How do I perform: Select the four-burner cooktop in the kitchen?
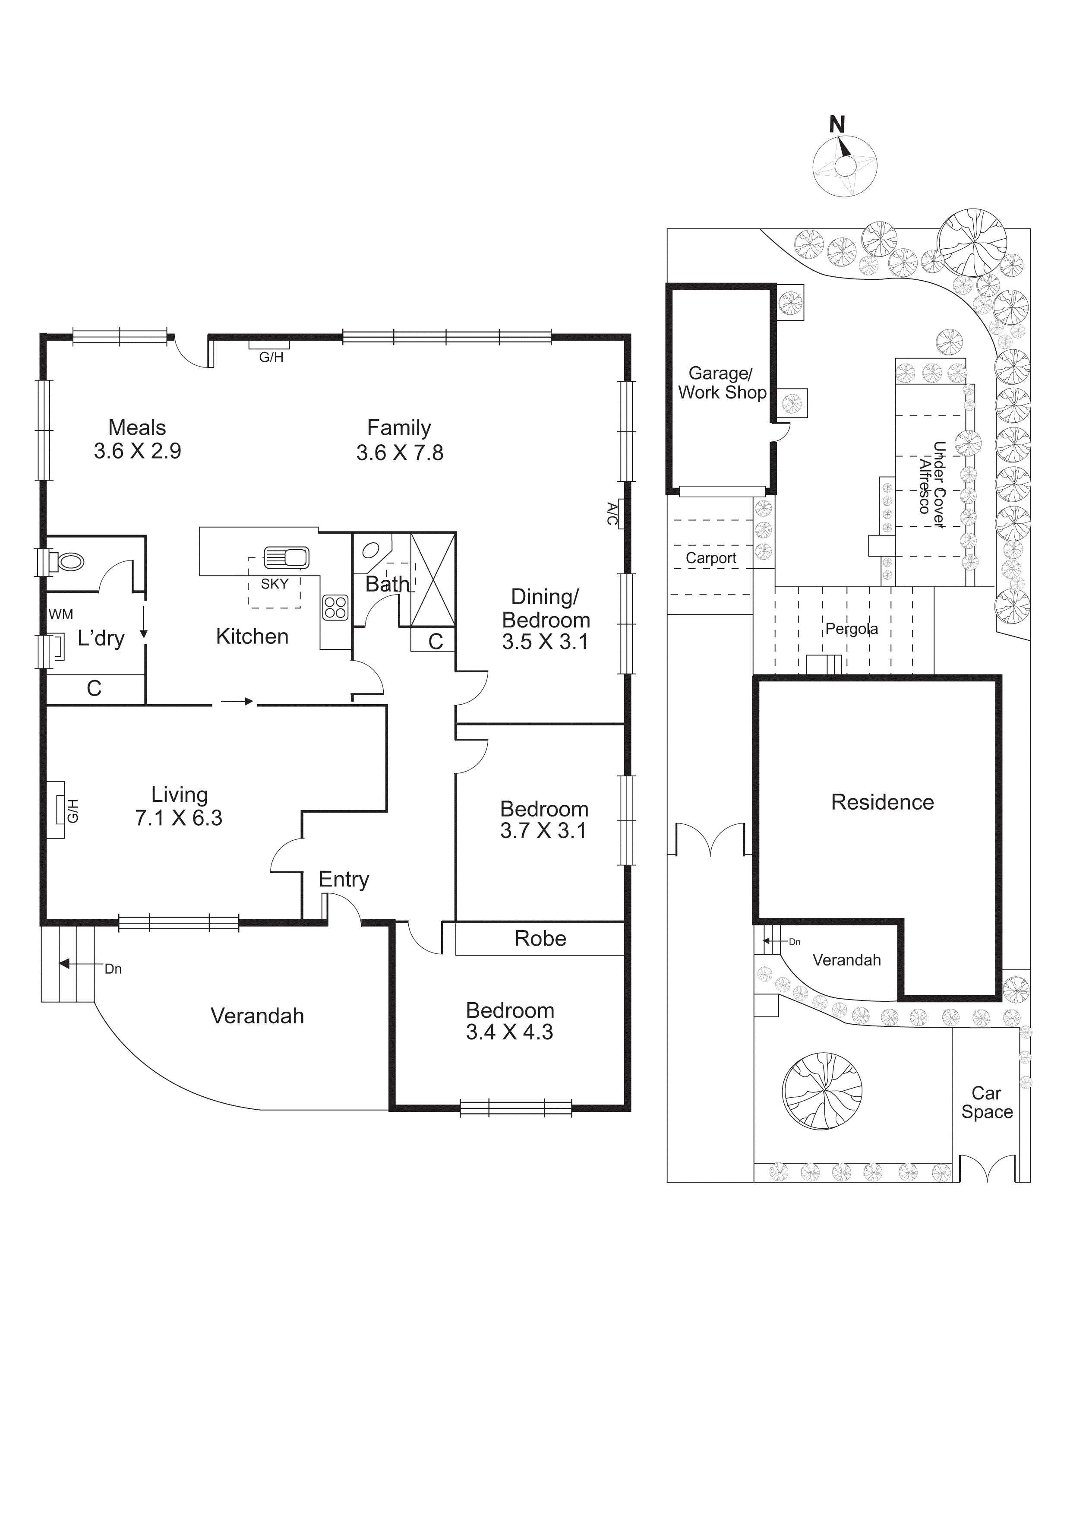coord(335,607)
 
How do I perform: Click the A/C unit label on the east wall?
coord(612,514)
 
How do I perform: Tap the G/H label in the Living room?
coord(73,810)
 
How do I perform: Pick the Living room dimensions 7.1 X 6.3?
coord(179,818)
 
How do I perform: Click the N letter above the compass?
coord(837,124)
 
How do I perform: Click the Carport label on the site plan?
coord(711,558)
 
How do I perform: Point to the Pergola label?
coord(851,629)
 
